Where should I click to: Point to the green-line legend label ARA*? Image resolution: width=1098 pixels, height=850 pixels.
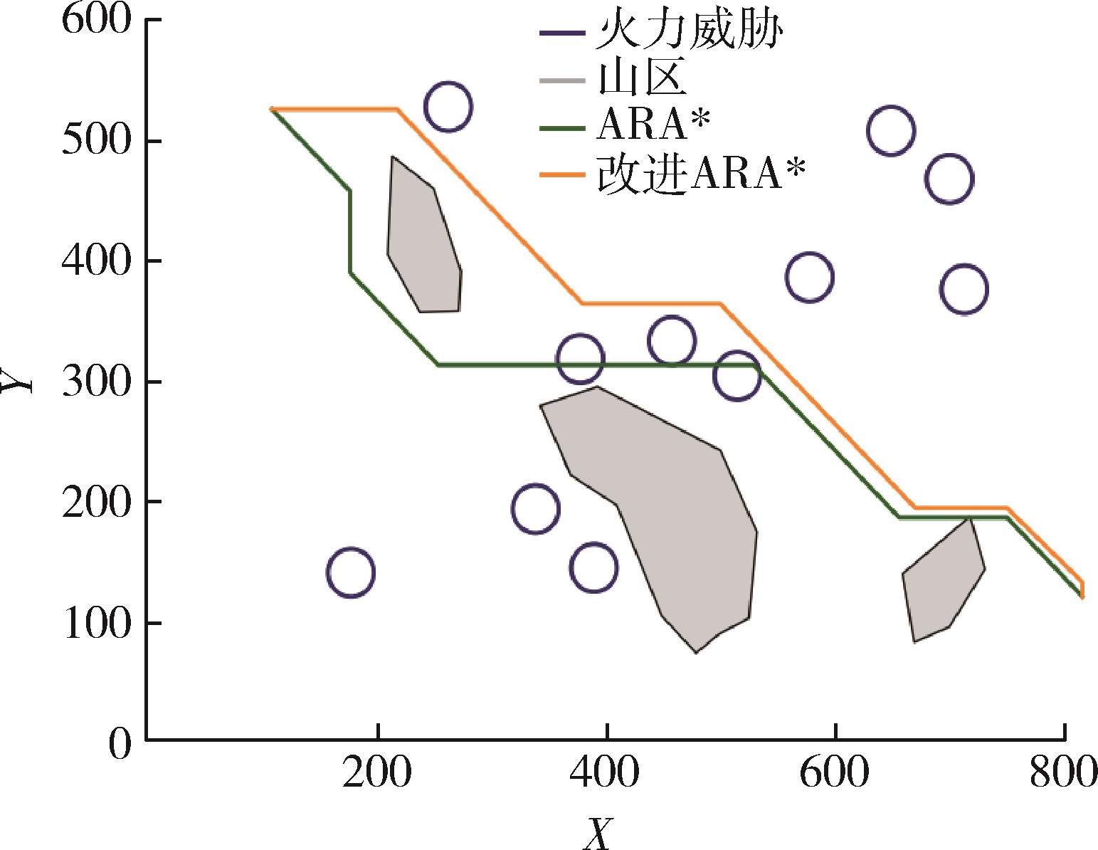pos(653,127)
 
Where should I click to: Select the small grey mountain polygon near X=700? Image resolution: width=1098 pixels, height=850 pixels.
pos(941,582)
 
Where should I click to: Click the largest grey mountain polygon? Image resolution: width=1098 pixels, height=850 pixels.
pos(676,520)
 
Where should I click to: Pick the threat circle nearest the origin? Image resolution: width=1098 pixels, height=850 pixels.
pos(350,572)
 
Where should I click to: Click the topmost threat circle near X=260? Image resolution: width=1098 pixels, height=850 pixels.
pos(448,107)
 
